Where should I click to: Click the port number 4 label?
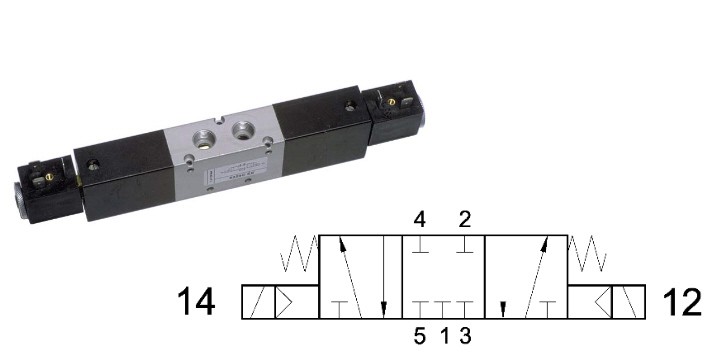click(419, 220)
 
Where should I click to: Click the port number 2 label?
click(465, 220)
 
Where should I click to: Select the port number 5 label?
click(419, 337)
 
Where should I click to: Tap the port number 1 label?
click(444, 337)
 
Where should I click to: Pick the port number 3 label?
click(465, 337)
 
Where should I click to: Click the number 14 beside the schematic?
click(196, 302)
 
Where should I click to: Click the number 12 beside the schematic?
click(682, 302)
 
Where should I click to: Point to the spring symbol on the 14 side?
click(299, 253)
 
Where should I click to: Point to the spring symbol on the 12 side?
click(587, 253)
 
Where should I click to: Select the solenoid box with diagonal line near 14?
click(259, 302)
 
